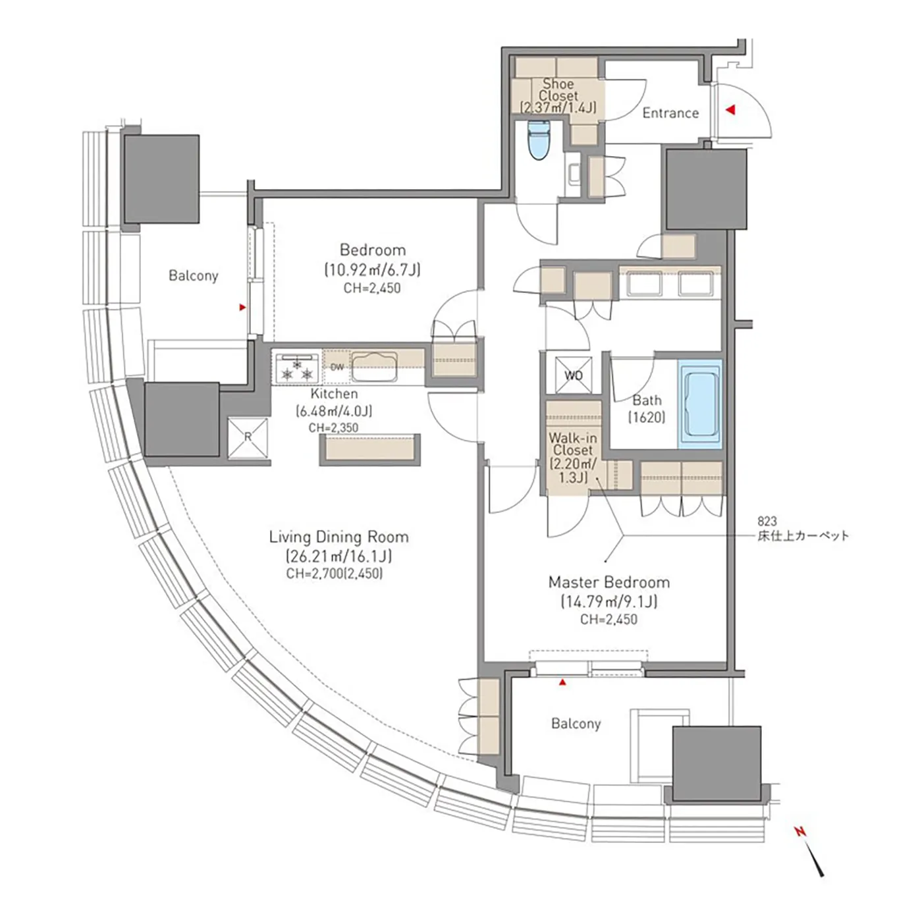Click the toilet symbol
tap(538, 140)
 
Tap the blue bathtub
tap(699, 404)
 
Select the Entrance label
tap(670, 113)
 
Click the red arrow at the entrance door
tap(730, 110)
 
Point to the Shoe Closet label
tap(558, 90)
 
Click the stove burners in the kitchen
tap(296, 367)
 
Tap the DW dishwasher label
tap(337, 367)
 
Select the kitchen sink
tap(375, 367)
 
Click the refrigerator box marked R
tap(248, 438)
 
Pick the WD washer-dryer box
tap(573, 375)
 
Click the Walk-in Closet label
tap(573, 443)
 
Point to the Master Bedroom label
tap(609, 582)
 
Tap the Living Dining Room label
tap(339, 537)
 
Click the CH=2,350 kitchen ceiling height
tap(333, 428)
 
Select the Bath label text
tap(647, 400)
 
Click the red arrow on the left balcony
tap(242, 307)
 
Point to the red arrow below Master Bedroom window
tap(562, 683)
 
